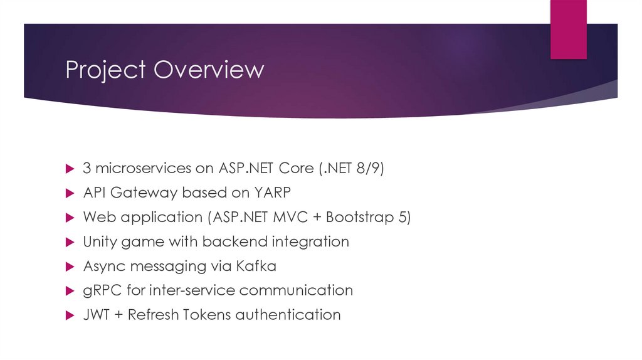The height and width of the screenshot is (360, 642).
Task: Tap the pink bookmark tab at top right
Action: [568, 29]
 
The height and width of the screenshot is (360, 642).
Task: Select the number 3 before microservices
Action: [87, 169]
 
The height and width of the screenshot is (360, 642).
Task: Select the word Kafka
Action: [256, 266]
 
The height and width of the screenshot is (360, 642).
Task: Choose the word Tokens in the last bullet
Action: [208, 315]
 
